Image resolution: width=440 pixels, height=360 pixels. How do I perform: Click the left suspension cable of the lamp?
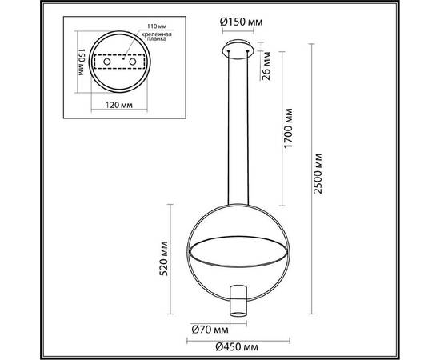229,128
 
